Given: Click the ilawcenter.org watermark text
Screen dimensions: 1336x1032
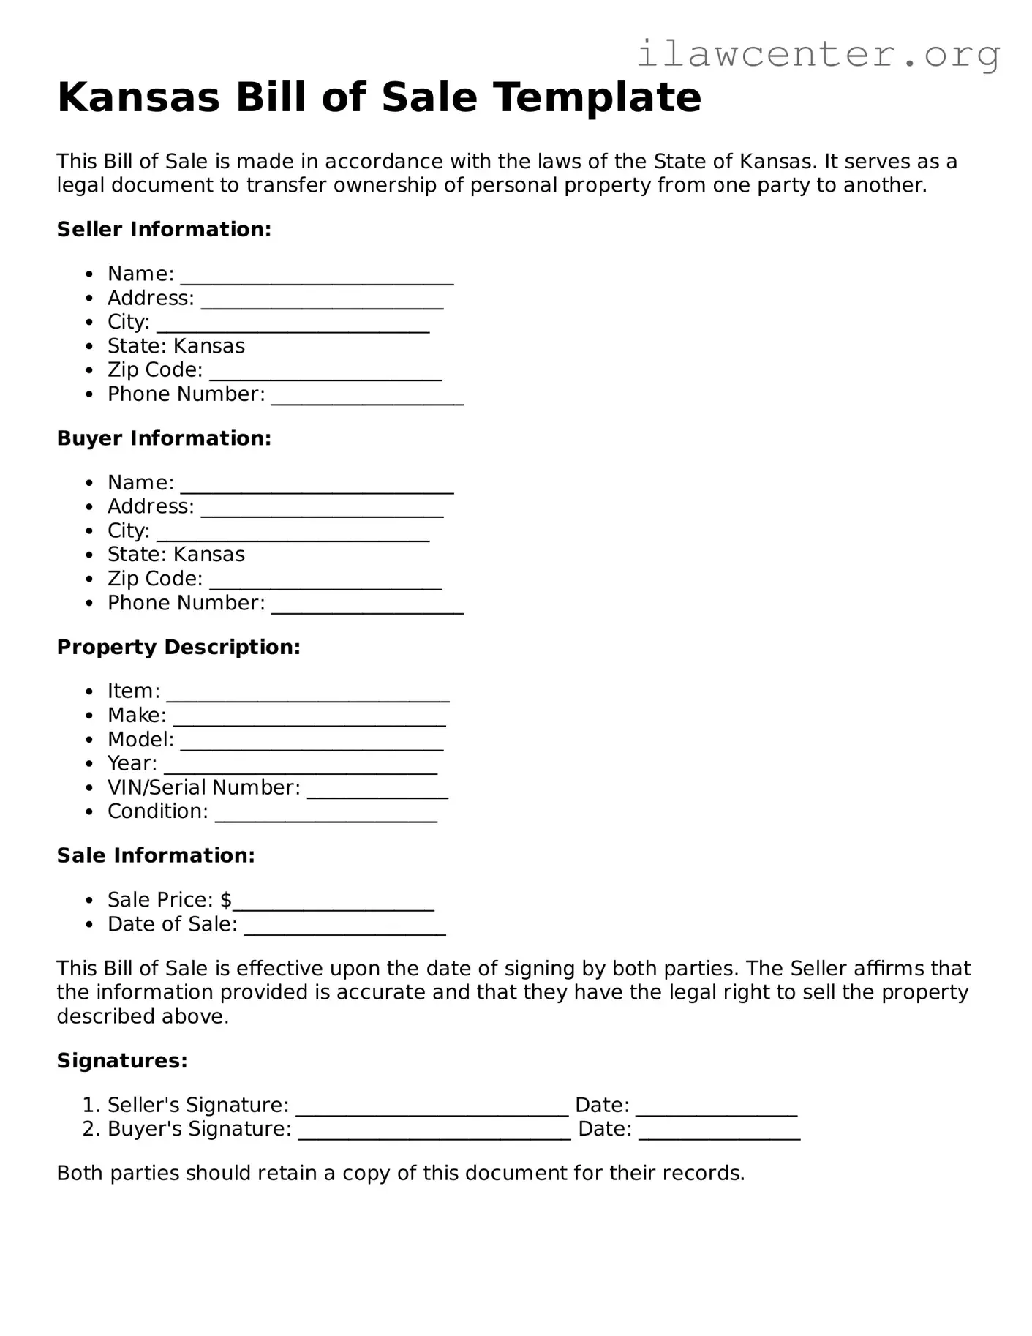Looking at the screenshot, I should [x=818, y=54].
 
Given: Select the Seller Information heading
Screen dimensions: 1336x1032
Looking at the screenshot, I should [x=164, y=229].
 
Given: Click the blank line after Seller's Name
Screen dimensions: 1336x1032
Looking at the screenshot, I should [x=317, y=278].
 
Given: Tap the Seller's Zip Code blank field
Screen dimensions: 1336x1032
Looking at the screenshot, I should [x=325, y=375].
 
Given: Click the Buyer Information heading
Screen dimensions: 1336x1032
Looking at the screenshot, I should [x=164, y=438].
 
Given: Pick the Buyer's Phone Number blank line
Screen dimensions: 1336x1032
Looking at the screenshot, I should [x=367, y=607].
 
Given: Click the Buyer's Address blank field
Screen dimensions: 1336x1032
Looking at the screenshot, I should [x=322, y=511].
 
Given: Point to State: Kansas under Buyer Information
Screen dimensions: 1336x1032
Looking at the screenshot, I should [x=176, y=554].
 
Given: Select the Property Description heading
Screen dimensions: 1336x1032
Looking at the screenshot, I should [x=178, y=647].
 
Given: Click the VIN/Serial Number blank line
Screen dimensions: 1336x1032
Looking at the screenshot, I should [x=377, y=792].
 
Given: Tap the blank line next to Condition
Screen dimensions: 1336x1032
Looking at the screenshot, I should [x=326, y=817].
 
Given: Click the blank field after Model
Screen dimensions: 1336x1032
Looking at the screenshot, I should [x=312, y=744].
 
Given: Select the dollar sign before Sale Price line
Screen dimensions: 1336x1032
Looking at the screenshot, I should [x=226, y=899].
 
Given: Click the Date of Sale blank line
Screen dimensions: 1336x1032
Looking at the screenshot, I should [x=344, y=929].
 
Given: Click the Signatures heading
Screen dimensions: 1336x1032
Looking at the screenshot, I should [x=122, y=1060].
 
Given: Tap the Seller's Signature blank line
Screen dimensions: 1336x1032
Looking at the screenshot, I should [x=432, y=1110].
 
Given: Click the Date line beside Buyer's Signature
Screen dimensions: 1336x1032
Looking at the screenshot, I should [x=719, y=1134].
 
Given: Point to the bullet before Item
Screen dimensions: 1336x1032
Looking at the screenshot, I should [x=89, y=691].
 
